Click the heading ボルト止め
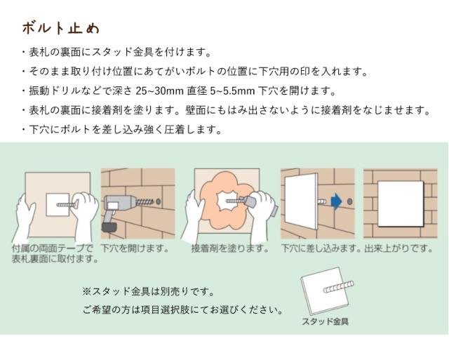tap(60, 29)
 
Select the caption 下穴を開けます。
tap(135, 248)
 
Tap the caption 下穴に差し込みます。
tap(321, 248)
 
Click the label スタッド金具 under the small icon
tap(325, 322)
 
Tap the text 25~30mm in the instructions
tap(159, 91)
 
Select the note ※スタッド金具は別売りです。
tap(148, 291)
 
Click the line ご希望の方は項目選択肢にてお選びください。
tap(182, 309)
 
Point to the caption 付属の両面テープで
tap(52, 248)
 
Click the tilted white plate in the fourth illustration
tap(300, 203)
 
